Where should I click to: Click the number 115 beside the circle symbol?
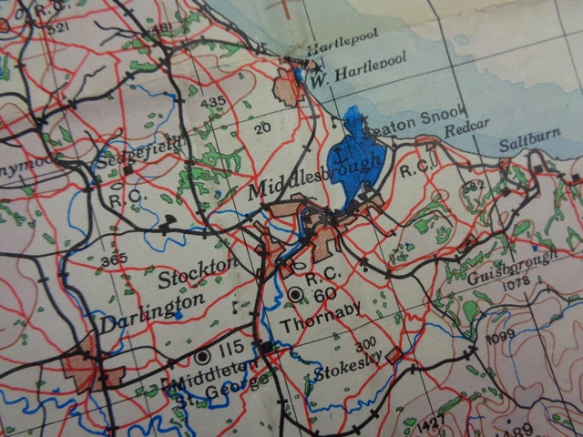(x=232, y=349)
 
